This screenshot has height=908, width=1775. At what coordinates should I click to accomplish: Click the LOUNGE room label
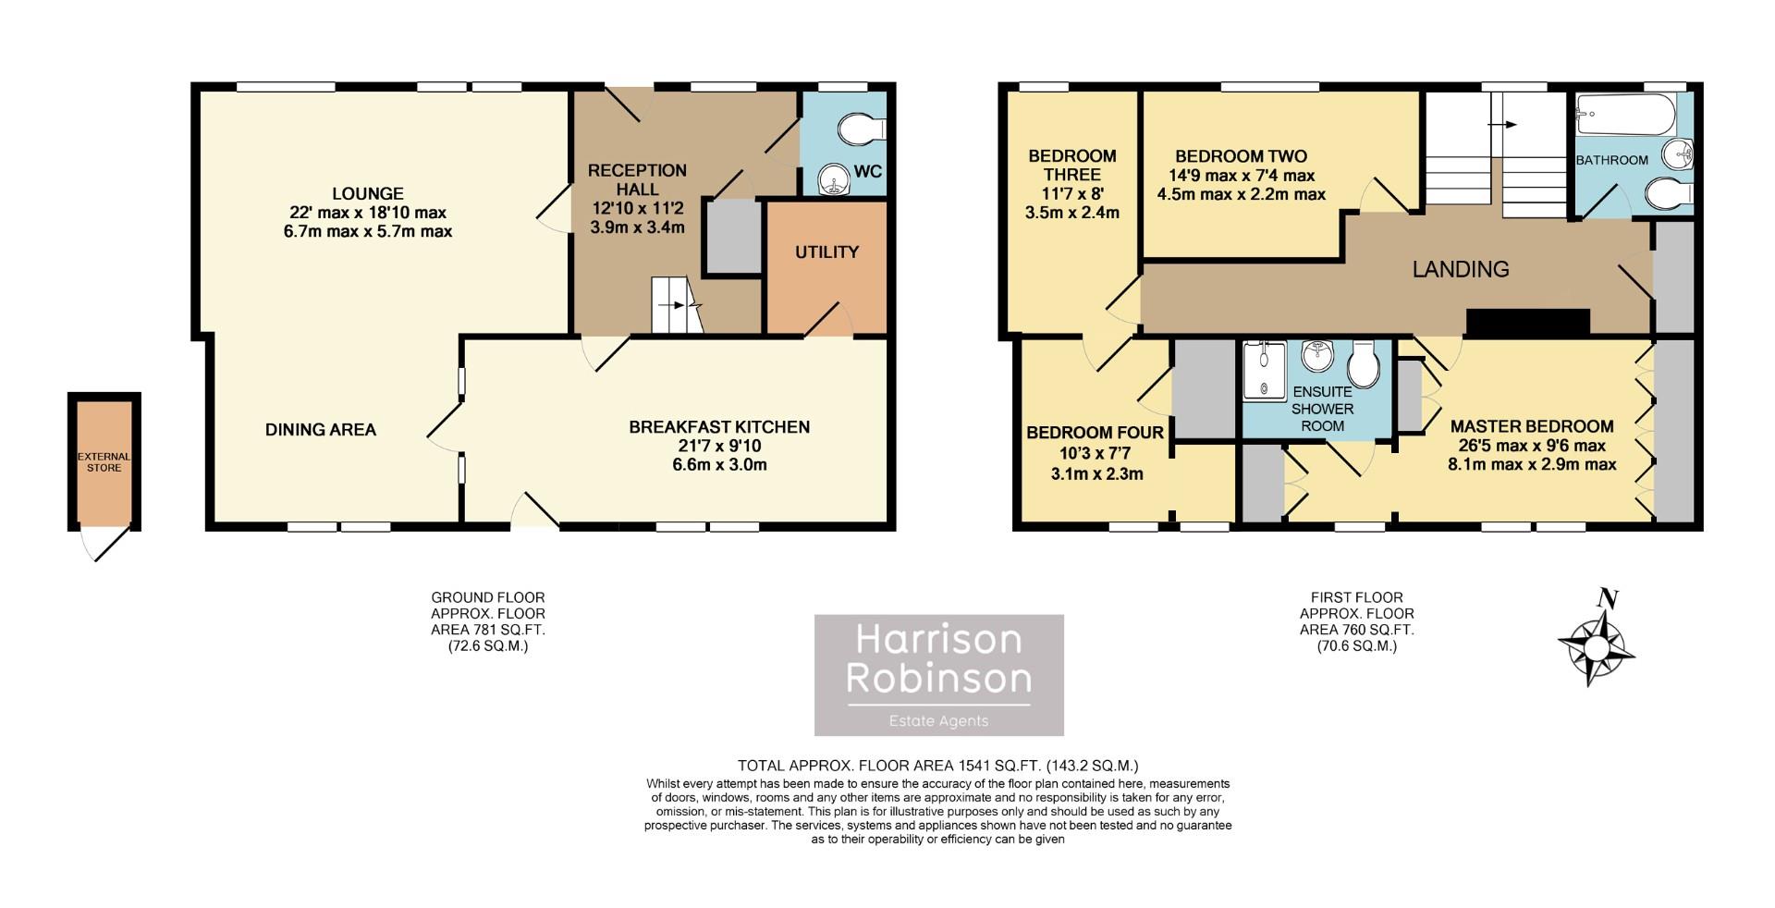tap(367, 193)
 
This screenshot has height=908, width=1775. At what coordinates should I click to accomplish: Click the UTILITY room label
tap(826, 252)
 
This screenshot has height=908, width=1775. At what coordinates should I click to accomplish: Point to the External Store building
tap(104, 461)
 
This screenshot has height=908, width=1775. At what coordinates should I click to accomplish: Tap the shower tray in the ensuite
tap(1264, 370)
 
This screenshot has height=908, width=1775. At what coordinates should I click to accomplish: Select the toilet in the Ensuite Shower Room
tap(1364, 363)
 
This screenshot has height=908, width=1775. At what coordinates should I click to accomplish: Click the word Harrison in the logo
tap(937, 639)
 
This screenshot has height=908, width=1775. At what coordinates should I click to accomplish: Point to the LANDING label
tap(1460, 269)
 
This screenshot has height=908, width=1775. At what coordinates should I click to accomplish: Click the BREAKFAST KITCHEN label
tap(718, 426)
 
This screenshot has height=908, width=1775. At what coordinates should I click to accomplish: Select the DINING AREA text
tap(320, 429)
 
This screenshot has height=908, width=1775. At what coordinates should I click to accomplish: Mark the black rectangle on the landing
tap(1527, 322)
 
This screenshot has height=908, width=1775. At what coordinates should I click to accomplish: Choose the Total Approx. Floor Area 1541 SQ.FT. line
tap(937, 766)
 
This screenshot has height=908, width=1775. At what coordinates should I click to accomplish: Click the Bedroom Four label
tap(1095, 433)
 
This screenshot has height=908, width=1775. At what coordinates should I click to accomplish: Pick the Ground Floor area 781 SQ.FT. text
tap(488, 630)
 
